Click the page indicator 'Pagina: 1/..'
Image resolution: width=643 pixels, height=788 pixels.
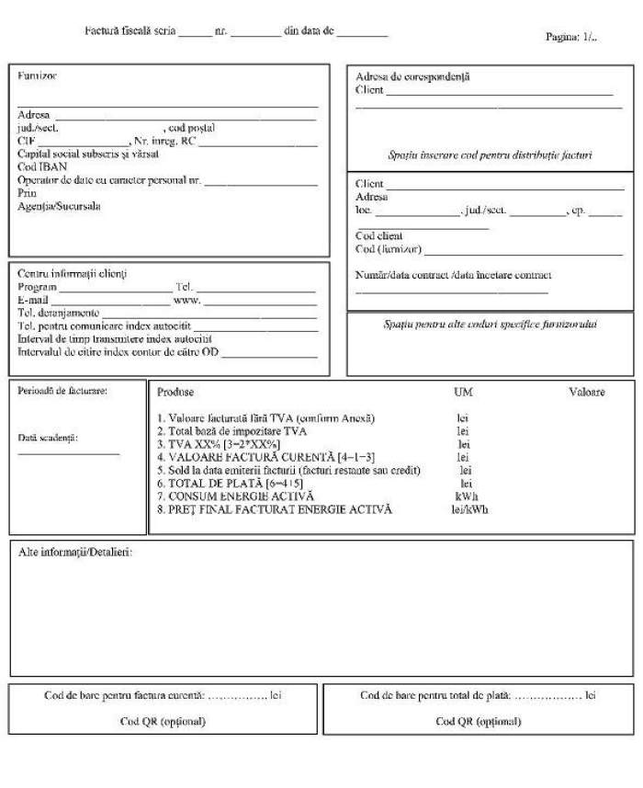(x=571, y=37)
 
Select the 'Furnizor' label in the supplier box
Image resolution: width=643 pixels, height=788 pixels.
(x=37, y=75)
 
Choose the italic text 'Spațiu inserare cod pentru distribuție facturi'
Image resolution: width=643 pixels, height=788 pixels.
(x=490, y=155)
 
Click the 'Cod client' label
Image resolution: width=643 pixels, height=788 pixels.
(x=378, y=236)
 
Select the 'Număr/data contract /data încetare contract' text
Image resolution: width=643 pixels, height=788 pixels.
(x=454, y=275)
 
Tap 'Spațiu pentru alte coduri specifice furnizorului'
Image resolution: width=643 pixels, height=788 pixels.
(x=490, y=325)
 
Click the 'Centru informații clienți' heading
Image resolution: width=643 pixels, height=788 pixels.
(x=73, y=274)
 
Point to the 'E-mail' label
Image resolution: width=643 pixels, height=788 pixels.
(x=33, y=300)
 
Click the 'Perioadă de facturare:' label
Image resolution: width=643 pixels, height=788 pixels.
(x=62, y=391)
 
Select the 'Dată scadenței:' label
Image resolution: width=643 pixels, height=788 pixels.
(x=48, y=438)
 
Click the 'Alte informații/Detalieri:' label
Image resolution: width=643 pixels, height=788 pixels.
(x=76, y=552)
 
